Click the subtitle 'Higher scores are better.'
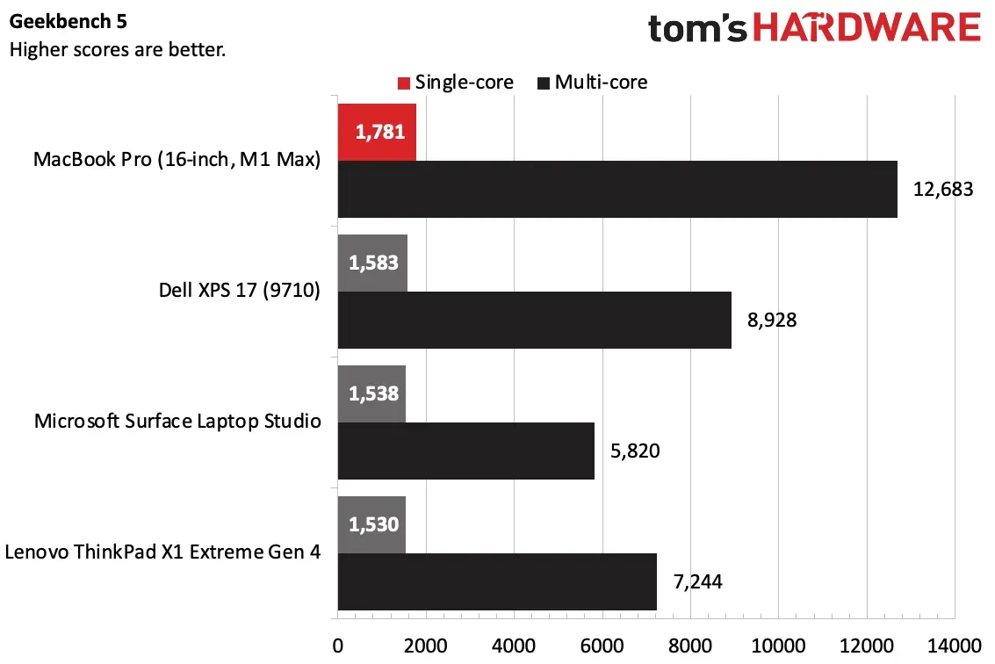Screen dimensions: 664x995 (x=118, y=49)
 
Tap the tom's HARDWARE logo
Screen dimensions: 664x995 (x=814, y=28)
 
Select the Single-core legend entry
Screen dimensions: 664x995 (x=455, y=83)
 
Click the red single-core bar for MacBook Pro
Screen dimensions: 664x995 (x=376, y=133)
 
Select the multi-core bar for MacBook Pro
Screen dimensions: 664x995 (x=617, y=189)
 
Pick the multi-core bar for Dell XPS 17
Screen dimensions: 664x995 (x=534, y=320)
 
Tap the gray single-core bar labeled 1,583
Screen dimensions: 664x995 (x=371, y=263)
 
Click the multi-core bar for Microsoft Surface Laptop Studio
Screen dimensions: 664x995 (x=465, y=451)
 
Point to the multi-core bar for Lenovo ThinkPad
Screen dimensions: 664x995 (x=496, y=581)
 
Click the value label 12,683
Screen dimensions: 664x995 (x=943, y=189)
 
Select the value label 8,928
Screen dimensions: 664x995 (x=772, y=320)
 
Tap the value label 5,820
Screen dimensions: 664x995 (x=635, y=451)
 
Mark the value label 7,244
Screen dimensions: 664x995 (x=698, y=581)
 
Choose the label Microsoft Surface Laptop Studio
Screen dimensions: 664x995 (x=177, y=422)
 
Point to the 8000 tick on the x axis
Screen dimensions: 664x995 (x=690, y=646)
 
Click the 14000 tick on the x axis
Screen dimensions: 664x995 (x=954, y=646)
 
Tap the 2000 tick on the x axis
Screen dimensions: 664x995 (x=425, y=646)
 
